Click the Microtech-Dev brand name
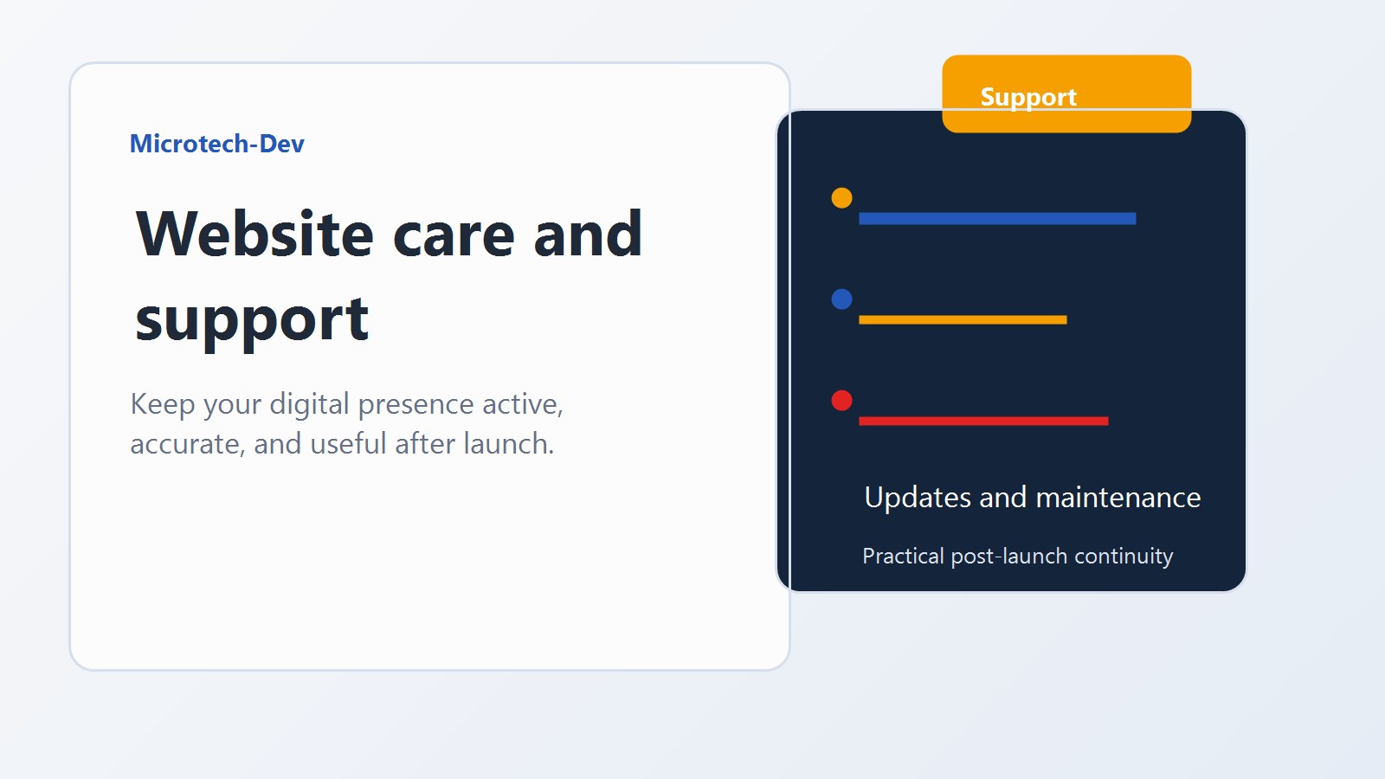pyautogui.click(x=216, y=144)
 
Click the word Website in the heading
pyautogui.click(x=254, y=235)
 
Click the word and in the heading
pyautogui.click(x=588, y=235)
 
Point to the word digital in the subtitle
pyautogui.click(x=309, y=404)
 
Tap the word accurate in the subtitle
pyautogui.click(x=185, y=444)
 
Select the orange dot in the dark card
pyautogui.click(x=841, y=198)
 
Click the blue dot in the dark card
pyautogui.click(x=841, y=299)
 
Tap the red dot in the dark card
pyautogui.click(x=841, y=401)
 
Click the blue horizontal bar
pyautogui.click(x=996, y=219)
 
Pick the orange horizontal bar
pyautogui.click(x=962, y=320)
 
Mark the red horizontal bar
pyautogui.click(x=982, y=422)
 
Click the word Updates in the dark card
pyautogui.click(x=918, y=498)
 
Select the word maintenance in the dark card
pyautogui.click(x=1118, y=498)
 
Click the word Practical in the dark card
pyautogui.click(x=903, y=556)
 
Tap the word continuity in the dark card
pyautogui.click(x=1124, y=556)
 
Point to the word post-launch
pyautogui.click(x=1008, y=556)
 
